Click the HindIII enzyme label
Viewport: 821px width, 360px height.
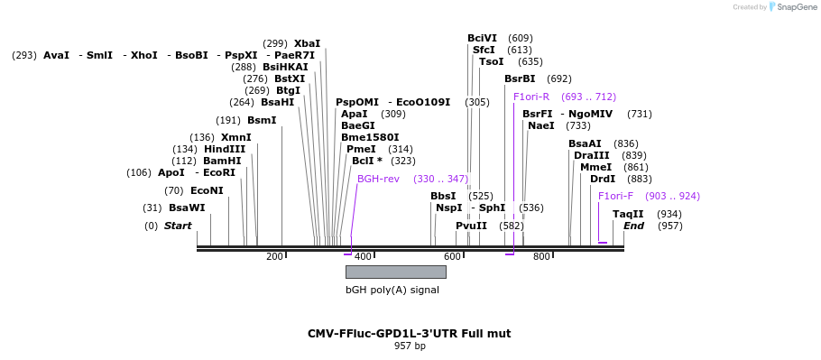coord(225,149)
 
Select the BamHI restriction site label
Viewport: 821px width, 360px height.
coord(222,161)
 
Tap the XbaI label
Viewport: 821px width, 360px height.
coord(307,43)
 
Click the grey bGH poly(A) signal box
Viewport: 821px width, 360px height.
coord(396,272)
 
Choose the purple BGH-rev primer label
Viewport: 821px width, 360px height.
coord(378,179)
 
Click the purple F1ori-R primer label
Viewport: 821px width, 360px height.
coord(531,97)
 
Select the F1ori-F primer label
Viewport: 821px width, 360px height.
coord(615,196)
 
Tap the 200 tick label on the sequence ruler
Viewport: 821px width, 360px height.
coord(274,256)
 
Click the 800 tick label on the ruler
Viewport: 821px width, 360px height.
coord(542,256)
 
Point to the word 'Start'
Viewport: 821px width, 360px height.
coord(178,226)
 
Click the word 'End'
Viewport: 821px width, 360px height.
coord(633,226)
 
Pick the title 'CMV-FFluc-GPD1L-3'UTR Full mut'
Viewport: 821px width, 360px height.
coord(409,333)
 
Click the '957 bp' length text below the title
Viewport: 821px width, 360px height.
coord(410,346)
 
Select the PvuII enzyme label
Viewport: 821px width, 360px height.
coord(471,226)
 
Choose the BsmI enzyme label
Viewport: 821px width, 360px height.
coord(262,121)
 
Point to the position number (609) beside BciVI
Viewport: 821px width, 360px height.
coord(521,38)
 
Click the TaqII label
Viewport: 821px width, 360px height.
coord(628,214)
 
